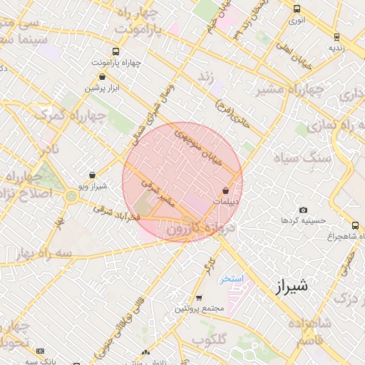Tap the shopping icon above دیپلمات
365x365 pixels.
(226, 191)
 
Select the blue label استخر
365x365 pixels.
(233, 279)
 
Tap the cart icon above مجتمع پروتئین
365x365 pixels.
(199, 298)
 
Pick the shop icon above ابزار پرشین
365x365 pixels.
(102, 77)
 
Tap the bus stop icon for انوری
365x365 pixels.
(297, 9)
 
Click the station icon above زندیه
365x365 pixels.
(336, 37)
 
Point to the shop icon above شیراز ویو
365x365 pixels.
(93, 175)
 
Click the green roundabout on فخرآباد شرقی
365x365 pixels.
(71, 195)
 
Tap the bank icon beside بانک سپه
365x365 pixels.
(40, 351)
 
